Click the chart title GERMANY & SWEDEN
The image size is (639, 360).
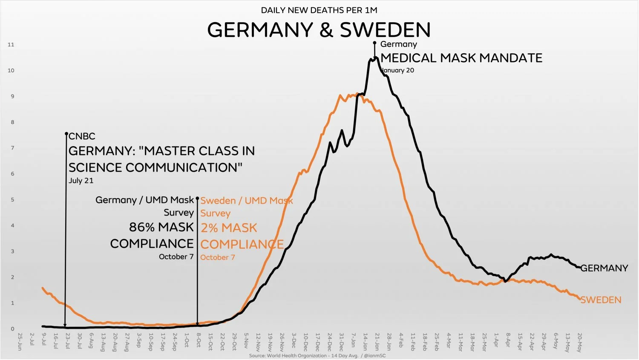point(319,30)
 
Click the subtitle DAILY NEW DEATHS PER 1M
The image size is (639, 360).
point(319,10)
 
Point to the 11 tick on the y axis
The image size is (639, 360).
point(11,45)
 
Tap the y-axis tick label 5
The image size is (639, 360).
point(12,200)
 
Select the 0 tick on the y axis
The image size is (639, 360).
point(12,329)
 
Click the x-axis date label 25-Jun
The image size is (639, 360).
point(20,342)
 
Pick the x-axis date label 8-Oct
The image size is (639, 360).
point(199,341)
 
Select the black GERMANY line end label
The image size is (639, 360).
point(604,268)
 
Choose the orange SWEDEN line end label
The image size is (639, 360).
point(601,300)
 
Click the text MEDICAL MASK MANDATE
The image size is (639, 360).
point(461,58)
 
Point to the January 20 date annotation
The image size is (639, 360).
point(397,70)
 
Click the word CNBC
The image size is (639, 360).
point(82,136)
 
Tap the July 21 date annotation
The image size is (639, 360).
point(81,181)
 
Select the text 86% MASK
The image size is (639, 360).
point(161,227)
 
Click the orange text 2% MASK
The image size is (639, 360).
point(229,228)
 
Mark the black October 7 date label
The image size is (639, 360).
point(176,257)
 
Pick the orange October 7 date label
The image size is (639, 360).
point(218,257)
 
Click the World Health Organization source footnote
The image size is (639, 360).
point(317,355)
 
